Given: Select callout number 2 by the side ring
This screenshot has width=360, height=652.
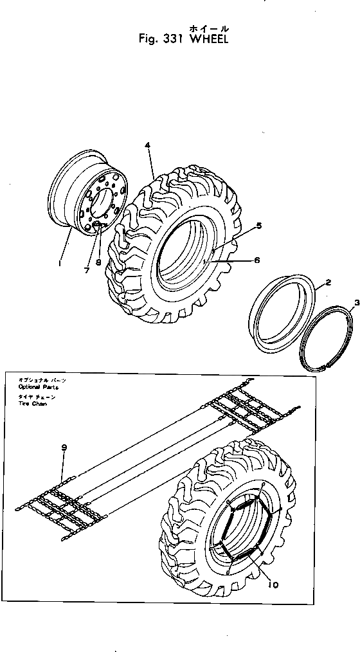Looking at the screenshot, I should (x=328, y=283).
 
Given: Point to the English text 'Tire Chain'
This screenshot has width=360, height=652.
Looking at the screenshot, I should (x=33, y=404).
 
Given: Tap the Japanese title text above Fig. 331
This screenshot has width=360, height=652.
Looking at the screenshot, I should (x=208, y=28).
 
